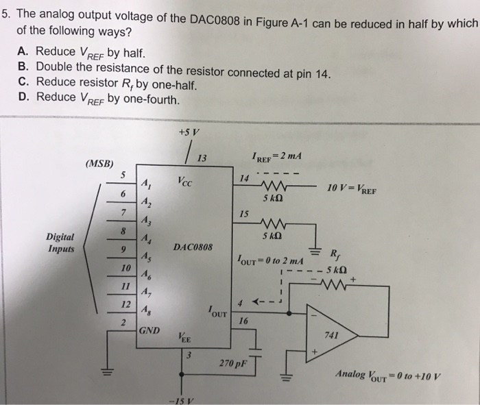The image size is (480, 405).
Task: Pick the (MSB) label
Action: (100, 164)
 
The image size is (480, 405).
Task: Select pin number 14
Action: (243, 178)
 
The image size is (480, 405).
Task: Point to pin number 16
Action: (243, 321)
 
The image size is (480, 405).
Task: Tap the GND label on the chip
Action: (149, 330)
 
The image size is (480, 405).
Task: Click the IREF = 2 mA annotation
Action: (278, 157)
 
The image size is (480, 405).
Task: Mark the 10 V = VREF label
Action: (352, 191)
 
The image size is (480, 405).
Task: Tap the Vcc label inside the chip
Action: (185, 183)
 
